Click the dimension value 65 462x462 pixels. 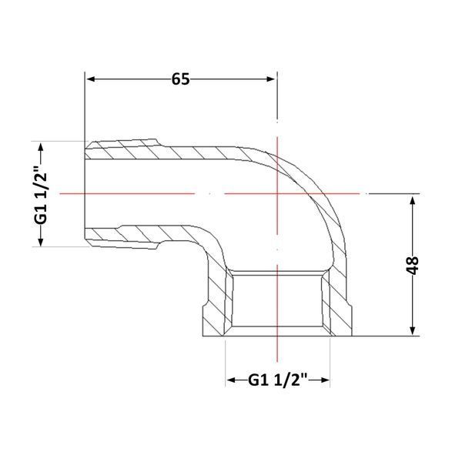click(181, 79)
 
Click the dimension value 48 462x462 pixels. click(413, 265)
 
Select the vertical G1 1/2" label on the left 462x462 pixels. click(41, 194)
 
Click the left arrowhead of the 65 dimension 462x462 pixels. click(90, 79)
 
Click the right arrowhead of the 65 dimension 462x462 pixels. click(271, 79)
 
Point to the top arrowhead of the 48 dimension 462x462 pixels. click(413, 201)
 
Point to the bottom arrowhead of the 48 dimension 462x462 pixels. click(413, 330)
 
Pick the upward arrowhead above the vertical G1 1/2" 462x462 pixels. click(41, 147)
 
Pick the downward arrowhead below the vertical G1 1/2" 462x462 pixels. click(41, 241)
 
